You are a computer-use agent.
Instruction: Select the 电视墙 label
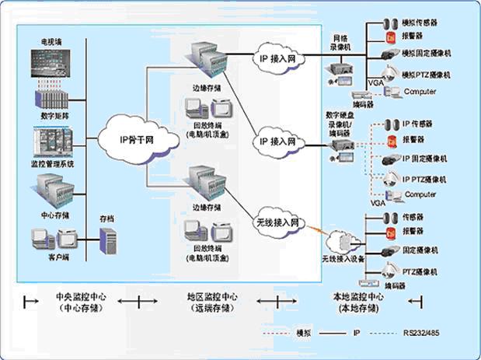click(x=52, y=40)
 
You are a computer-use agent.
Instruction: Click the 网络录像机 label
click(x=343, y=43)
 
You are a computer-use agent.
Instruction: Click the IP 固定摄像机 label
click(x=425, y=159)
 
